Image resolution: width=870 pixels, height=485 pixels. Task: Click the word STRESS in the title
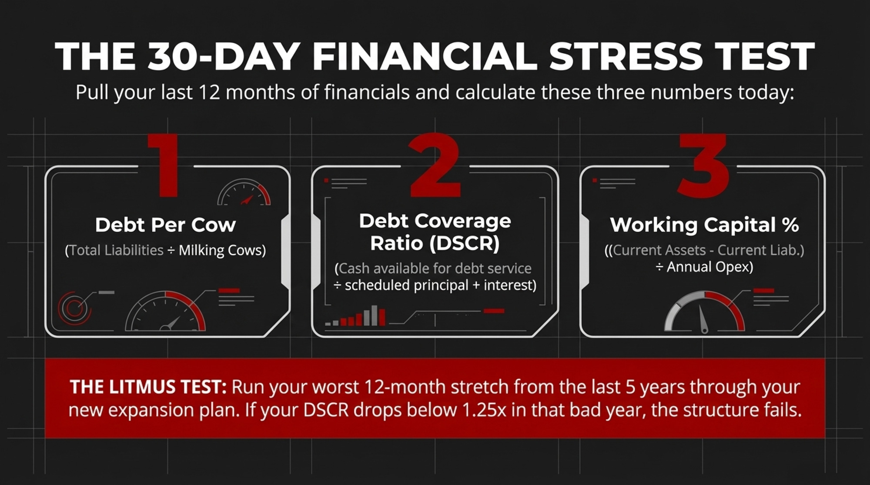[x=626, y=56]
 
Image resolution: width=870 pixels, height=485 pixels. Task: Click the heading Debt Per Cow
[x=165, y=225]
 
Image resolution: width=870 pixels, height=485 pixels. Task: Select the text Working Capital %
[x=704, y=225]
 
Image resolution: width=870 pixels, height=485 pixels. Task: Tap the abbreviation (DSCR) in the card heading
[x=465, y=243]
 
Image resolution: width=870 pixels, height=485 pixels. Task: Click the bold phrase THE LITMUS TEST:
[x=148, y=387]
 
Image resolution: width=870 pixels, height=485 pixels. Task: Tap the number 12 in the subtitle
[x=209, y=93]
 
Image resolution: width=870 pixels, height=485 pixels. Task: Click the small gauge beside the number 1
[x=244, y=193]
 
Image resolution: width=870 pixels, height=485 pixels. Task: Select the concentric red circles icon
[x=74, y=308]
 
